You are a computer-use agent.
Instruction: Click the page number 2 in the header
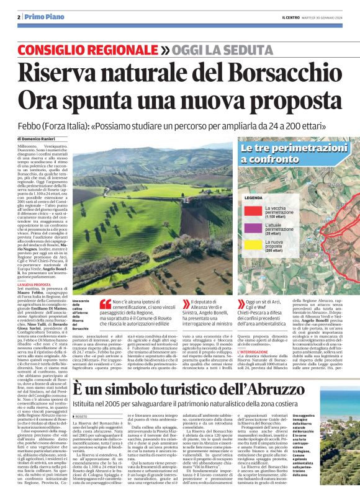[19, 17]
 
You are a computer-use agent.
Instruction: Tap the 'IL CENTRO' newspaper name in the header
[292, 17]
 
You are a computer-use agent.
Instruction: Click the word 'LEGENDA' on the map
[253, 197]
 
